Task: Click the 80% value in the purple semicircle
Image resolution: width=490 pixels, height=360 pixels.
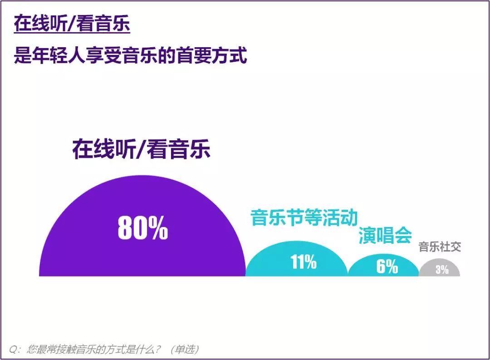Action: pos(143,227)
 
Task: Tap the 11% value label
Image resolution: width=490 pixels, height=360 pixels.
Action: pos(304,262)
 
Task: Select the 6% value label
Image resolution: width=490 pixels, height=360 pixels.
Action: pos(387,266)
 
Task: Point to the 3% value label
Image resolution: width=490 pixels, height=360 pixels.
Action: pos(442,269)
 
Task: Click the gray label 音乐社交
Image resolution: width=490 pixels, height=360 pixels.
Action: pos(440,247)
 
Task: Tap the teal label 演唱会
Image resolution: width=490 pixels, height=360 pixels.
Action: pos(385,235)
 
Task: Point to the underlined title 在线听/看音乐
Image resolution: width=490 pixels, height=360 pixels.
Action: pos(72,25)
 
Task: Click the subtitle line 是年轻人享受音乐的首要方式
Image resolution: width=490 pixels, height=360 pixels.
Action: pos(131,57)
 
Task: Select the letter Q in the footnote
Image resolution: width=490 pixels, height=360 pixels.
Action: pos(12,350)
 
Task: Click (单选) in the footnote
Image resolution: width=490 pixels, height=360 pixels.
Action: pos(184,350)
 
